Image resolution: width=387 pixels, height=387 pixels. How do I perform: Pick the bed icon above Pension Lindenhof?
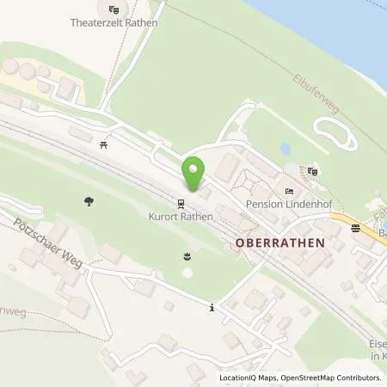tap(290, 191)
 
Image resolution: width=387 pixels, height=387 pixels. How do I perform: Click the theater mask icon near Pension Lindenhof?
tap(313, 172)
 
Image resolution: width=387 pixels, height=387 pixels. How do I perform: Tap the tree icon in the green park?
tap(89, 202)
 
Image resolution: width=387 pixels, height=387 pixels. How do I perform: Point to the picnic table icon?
tap(103, 145)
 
